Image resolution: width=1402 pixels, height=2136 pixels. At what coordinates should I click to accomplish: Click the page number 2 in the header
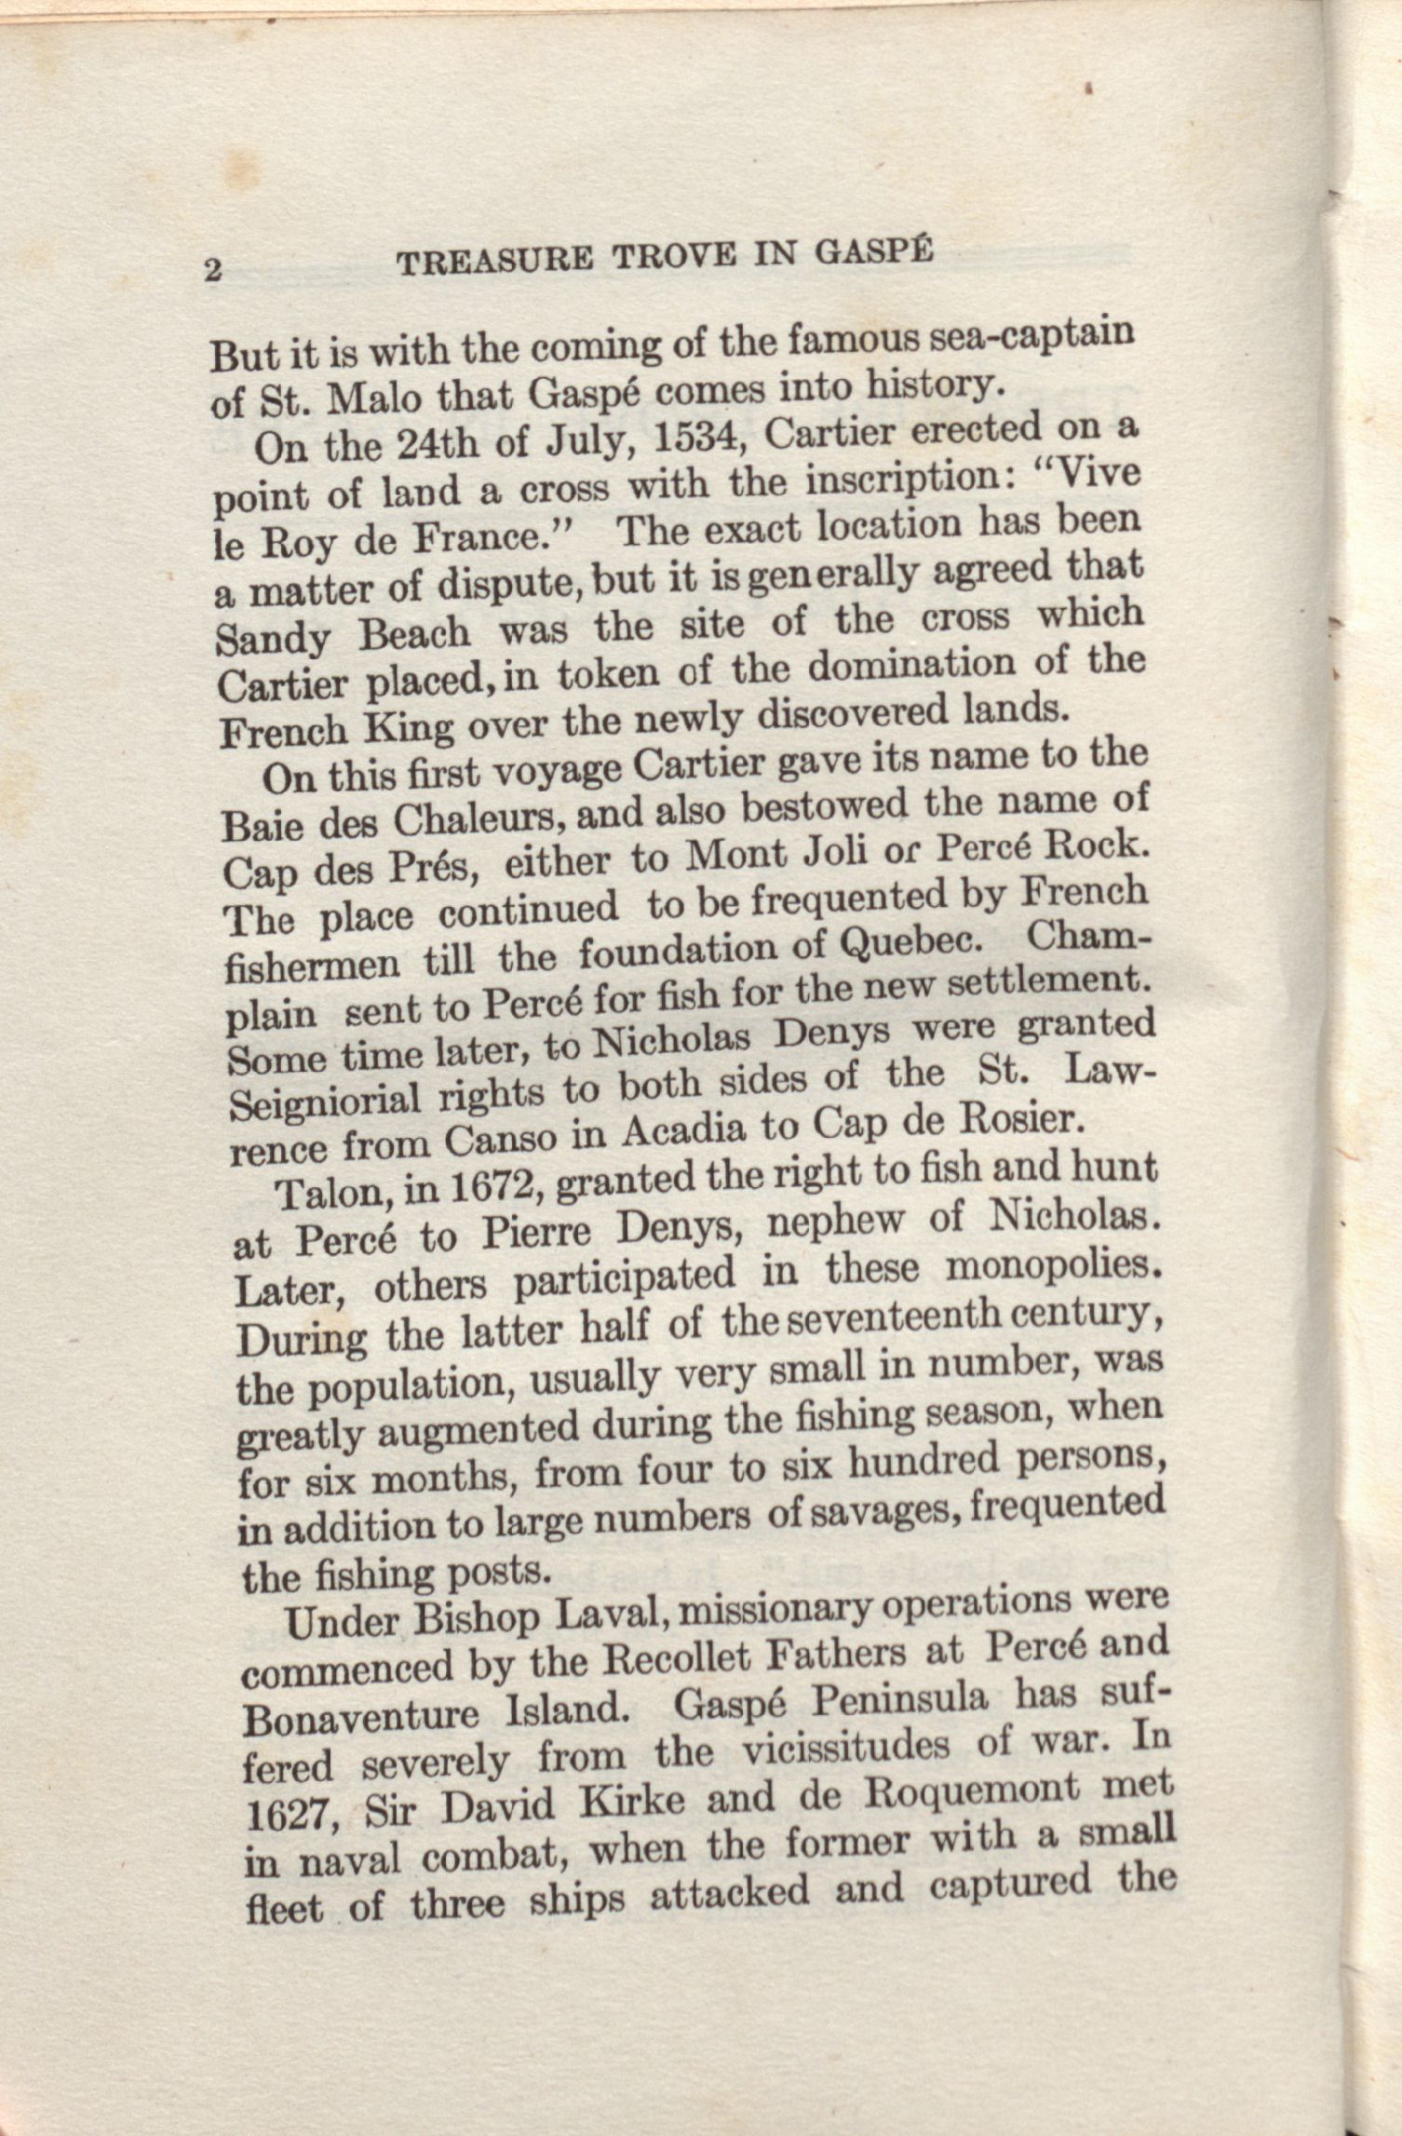[x=213, y=270]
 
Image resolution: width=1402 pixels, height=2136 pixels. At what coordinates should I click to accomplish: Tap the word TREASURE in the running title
[x=494, y=260]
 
